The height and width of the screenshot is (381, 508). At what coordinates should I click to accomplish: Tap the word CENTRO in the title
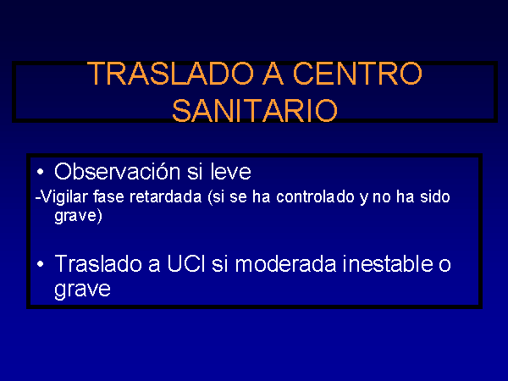pyautogui.click(x=357, y=74)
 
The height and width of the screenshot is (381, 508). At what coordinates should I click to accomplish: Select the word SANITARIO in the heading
pyautogui.click(x=255, y=110)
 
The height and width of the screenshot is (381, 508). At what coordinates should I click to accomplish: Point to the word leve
pyautogui.click(x=230, y=171)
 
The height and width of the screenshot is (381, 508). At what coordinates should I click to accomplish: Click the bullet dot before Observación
pyautogui.click(x=40, y=172)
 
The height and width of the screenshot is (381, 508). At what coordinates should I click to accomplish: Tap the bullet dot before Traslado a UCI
pyautogui.click(x=40, y=264)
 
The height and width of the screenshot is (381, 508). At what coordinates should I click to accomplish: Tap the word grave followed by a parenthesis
pyautogui.click(x=79, y=216)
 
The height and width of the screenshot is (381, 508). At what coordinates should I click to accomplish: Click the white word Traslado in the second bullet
pyautogui.click(x=98, y=263)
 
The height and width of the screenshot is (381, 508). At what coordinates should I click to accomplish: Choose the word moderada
pyautogui.click(x=286, y=263)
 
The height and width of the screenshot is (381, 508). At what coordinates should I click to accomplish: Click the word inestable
pyautogui.click(x=388, y=263)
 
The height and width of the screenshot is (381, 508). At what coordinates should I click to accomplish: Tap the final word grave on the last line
pyautogui.click(x=82, y=290)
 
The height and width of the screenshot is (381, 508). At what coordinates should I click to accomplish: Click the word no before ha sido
pyautogui.click(x=382, y=197)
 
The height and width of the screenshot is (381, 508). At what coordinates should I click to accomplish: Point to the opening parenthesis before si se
pyautogui.click(x=210, y=197)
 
